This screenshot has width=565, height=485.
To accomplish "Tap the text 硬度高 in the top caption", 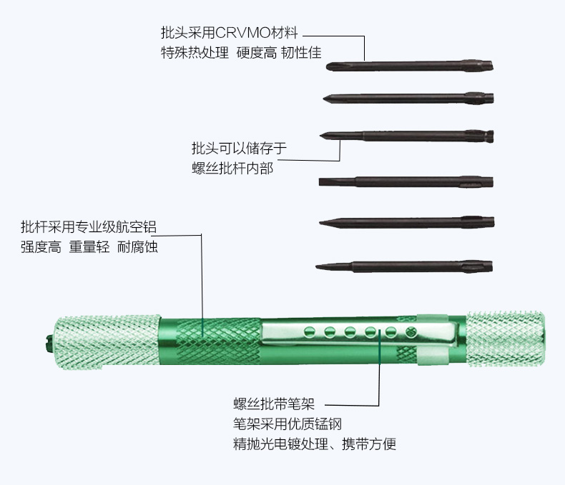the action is tap(257, 53).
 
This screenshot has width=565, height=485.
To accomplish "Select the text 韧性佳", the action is tap(301, 53).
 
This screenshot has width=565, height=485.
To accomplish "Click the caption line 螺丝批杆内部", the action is tap(232, 168).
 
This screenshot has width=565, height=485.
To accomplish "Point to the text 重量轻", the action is tap(89, 247).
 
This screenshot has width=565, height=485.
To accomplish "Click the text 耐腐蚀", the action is tap(137, 247).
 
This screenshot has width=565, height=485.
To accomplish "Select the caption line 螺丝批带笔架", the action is tap(274, 404).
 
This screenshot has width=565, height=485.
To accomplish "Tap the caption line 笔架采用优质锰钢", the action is tap(288, 424).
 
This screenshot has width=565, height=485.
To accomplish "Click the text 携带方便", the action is tap(368, 444).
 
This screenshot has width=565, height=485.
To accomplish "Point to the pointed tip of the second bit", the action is tap(325, 99).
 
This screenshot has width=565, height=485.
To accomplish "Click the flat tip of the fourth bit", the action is tap(321, 181).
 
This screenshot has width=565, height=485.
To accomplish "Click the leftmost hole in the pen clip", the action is tap(309, 331).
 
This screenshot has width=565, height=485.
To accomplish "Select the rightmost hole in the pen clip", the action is tap(411, 331).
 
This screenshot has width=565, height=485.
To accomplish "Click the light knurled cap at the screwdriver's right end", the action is tap(505, 339).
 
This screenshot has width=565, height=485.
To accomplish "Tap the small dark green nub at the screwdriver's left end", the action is tap(48, 343).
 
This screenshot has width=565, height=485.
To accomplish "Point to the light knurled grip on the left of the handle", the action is tap(107, 342).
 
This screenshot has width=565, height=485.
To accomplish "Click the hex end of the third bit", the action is tap(479, 136).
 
